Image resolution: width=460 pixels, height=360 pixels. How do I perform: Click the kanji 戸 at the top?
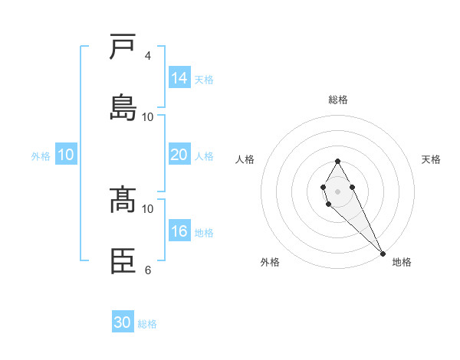123,47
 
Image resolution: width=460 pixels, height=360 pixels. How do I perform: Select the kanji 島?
123,108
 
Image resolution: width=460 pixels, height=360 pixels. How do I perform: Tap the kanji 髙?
123,201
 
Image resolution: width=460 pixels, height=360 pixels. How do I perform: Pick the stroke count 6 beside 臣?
147,270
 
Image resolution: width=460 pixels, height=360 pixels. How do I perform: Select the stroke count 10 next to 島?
148,117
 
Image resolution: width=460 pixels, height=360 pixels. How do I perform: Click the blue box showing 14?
179,78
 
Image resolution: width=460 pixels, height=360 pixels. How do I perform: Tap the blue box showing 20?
179,155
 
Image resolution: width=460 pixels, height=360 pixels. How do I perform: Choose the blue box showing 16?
179,231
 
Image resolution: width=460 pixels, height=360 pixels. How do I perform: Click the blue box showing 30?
123,322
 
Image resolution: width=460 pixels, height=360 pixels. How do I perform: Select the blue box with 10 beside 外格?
66,155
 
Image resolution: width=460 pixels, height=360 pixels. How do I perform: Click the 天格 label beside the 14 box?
204,80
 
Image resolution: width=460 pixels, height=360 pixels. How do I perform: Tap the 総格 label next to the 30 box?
147,324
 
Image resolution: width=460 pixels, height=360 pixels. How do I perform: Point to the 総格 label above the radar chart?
338,100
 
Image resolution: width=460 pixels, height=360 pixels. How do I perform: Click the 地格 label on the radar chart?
402,262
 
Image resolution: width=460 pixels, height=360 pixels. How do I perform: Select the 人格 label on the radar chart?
245,159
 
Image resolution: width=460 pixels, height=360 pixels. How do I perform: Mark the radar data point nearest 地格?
383,253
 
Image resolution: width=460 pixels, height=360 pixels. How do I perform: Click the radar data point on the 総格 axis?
337,161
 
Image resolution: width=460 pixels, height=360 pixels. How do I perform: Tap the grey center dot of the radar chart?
337,191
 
